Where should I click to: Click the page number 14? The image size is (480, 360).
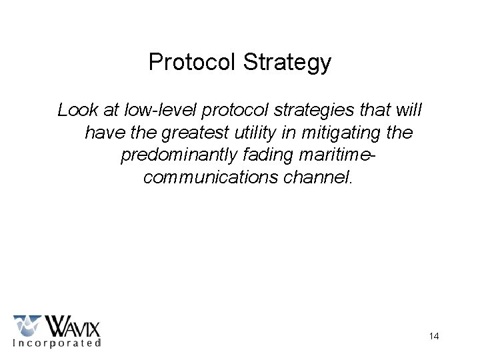click(433, 336)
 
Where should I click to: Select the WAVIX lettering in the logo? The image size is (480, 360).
click(72, 327)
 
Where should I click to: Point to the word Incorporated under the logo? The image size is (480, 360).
click(57, 343)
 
